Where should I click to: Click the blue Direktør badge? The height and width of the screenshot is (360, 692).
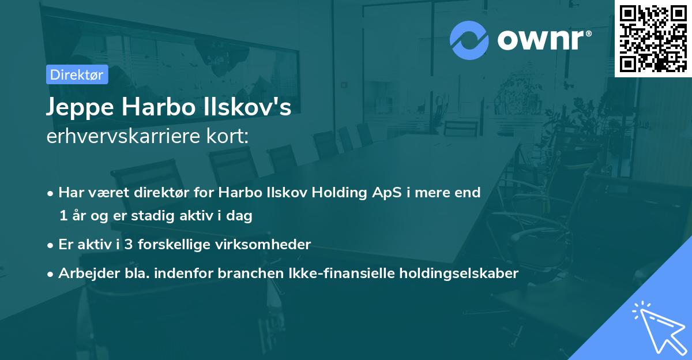pos(77,74)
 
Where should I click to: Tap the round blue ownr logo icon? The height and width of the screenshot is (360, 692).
pos(469,40)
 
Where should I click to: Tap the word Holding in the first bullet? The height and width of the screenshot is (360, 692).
pos(337,192)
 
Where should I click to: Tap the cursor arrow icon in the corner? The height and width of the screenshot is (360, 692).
pos(657,327)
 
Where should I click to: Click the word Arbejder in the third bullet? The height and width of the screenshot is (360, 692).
pos(85,273)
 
